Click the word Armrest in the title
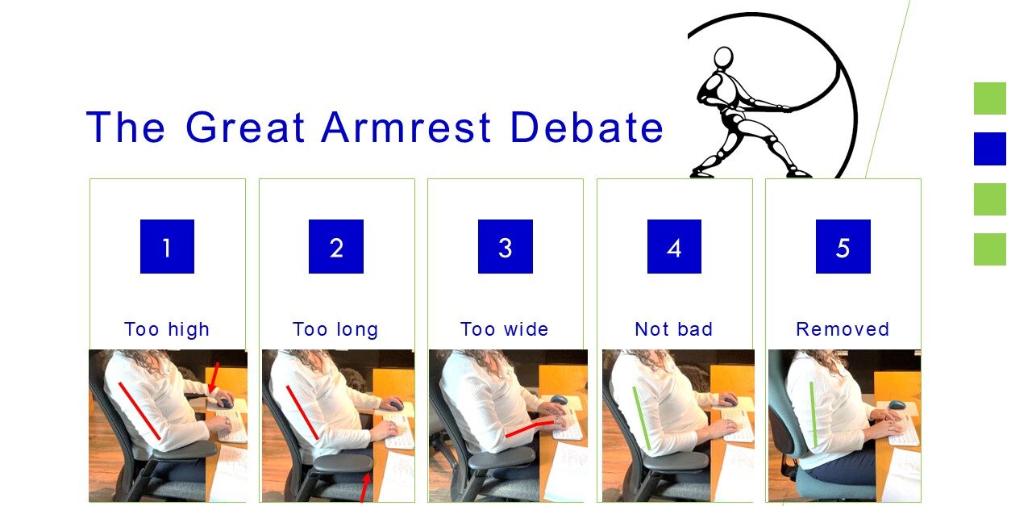[x=407, y=127]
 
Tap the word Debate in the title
[x=588, y=127]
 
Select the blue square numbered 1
[x=167, y=246]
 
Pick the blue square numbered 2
[x=336, y=246]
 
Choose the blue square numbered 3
[x=506, y=246]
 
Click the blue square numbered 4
[x=675, y=246]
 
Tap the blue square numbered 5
[x=843, y=246]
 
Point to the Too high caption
[x=167, y=330]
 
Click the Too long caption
[x=335, y=330]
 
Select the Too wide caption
[x=505, y=329]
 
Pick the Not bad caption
[x=674, y=329]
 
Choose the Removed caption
[x=843, y=329]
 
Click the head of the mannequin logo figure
[x=723, y=58]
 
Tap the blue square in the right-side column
[x=989, y=148]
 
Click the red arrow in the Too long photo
[x=365, y=488]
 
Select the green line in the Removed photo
[x=814, y=414]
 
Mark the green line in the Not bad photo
[x=641, y=418]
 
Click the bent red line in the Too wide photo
[x=530, y=427]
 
